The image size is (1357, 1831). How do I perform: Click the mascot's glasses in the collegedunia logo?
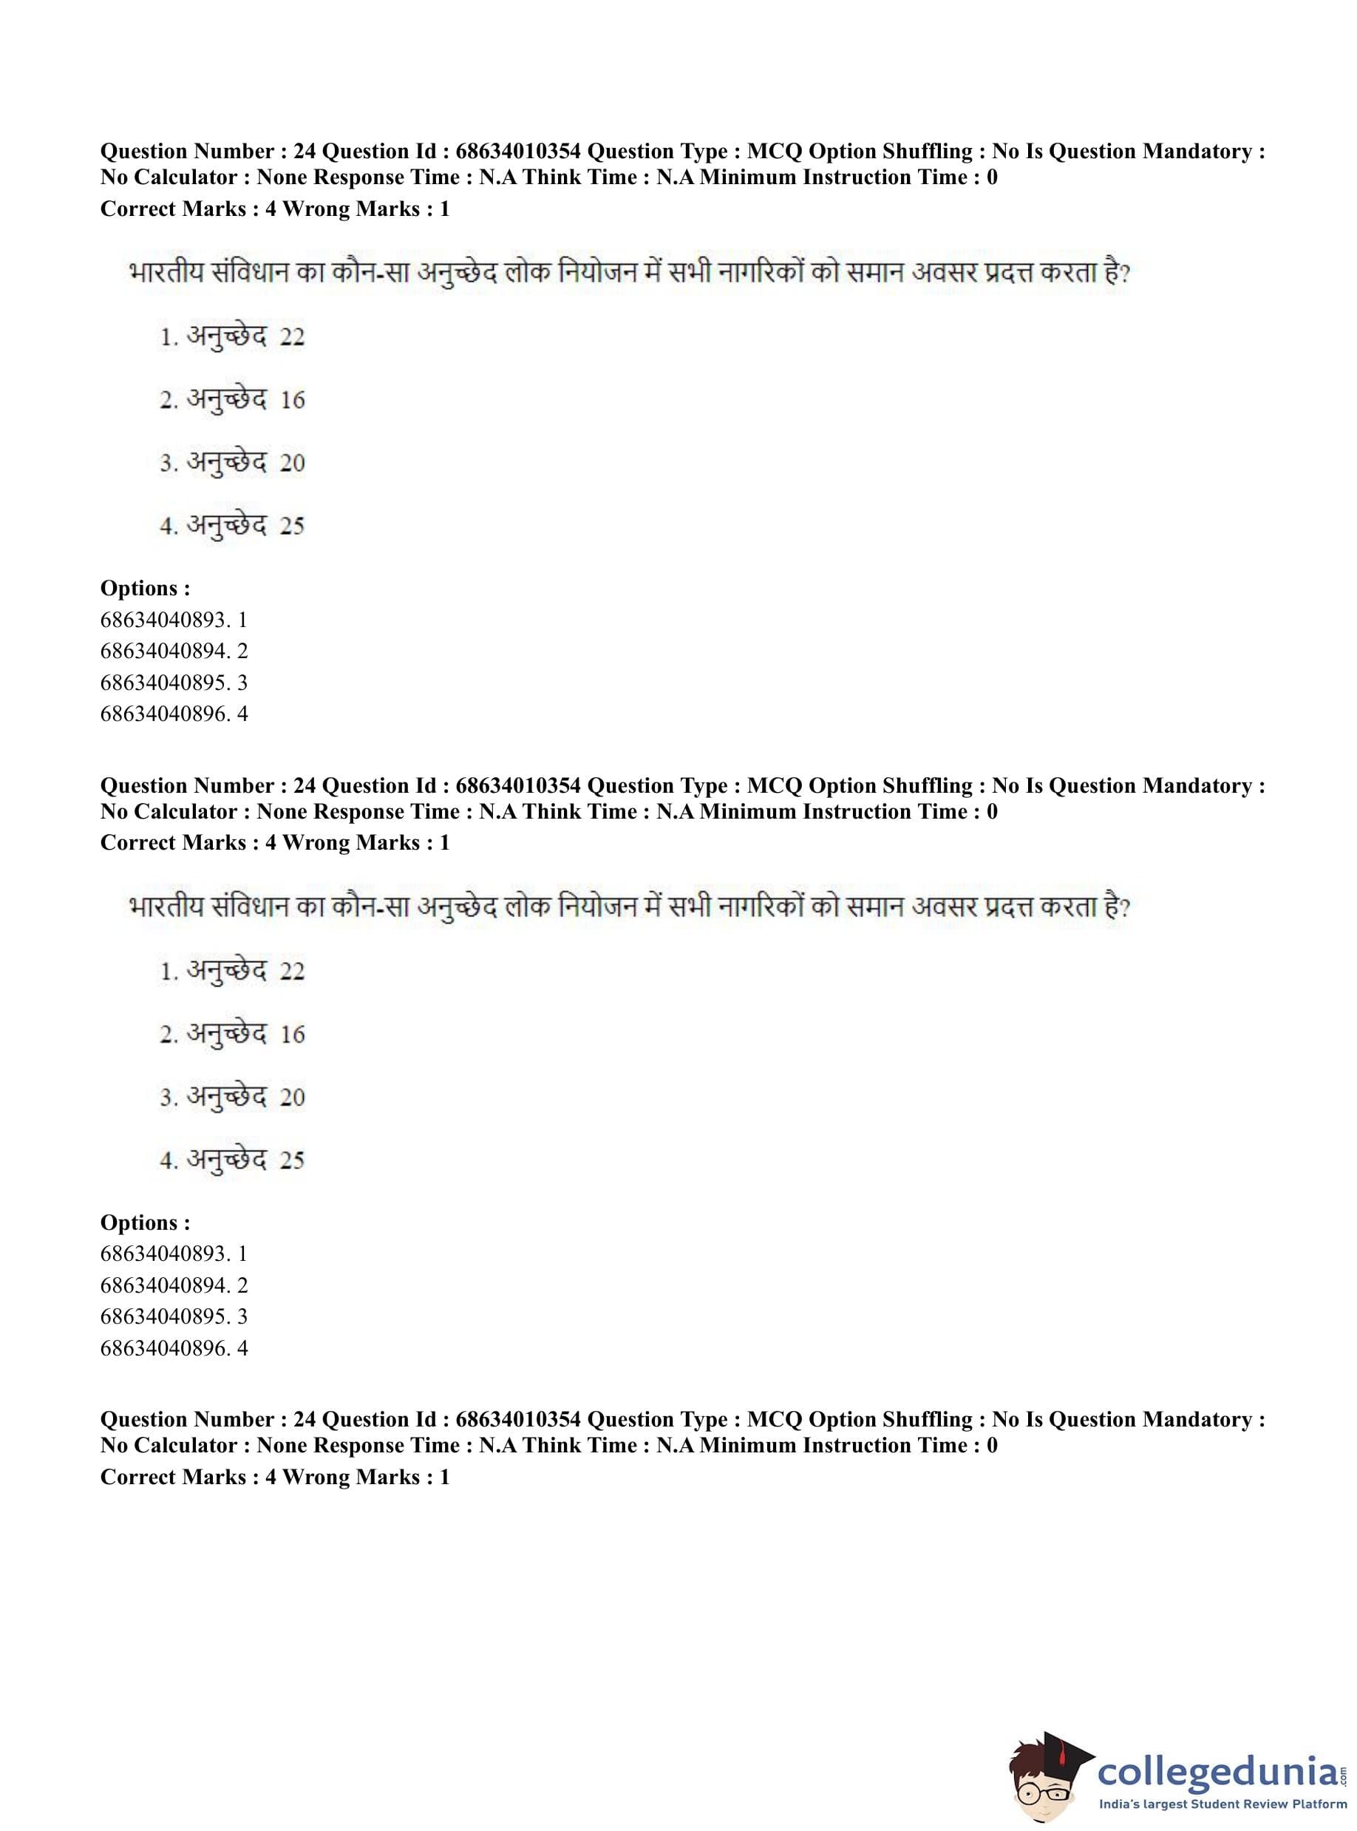click(x=1046, y=1785)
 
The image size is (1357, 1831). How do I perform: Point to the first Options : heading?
click(x=145, y=589)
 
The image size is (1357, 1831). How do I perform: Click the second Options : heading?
click(x=145, y=1223)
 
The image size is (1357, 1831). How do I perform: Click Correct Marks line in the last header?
click(x=274, y=1477)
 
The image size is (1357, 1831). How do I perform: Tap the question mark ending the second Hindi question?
click(x=1124, y=907)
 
